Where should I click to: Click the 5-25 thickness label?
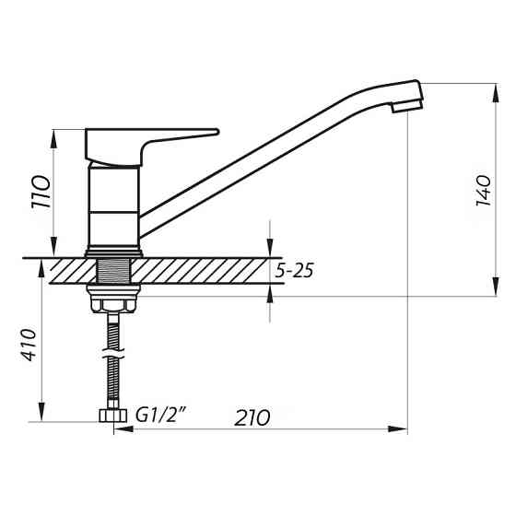[297, 272]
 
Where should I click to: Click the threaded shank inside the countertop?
[113, 272]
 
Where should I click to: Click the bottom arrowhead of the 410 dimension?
[41, 416]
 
